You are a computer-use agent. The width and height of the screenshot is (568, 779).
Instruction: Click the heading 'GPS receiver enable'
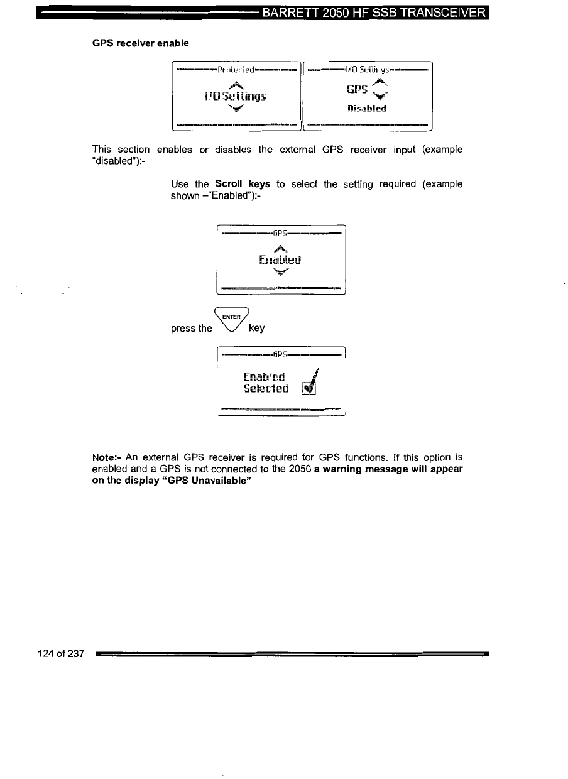(x=140, y=43)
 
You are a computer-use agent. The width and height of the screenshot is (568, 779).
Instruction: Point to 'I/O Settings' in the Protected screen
(x=234, y=96)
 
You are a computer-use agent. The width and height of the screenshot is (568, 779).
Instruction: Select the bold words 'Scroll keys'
(x=243, y=184)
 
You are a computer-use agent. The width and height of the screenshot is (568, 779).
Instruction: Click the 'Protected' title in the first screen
(x=235, y=68)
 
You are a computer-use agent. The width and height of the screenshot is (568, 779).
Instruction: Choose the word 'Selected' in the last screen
(x=266, y=389)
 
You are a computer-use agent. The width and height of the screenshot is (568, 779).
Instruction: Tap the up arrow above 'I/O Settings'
(x=234, y=85)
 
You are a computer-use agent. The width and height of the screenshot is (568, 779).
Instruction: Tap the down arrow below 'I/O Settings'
(x=234, y=108)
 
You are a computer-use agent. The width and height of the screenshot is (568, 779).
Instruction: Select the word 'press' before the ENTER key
(x=183, y=328)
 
